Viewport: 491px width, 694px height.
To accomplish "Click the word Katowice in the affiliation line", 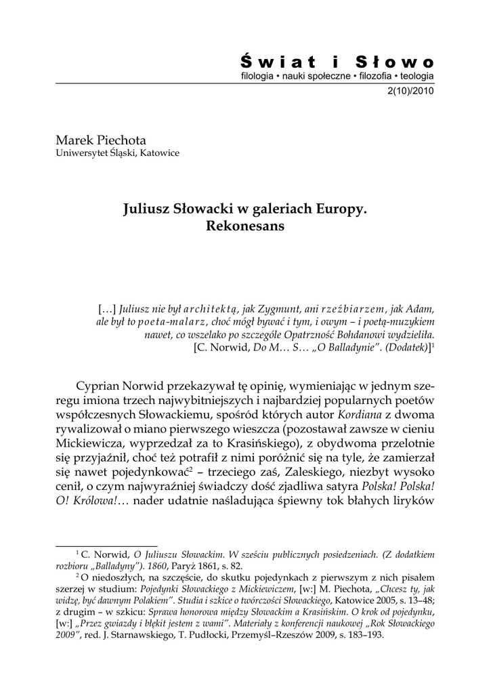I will [157, 153].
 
